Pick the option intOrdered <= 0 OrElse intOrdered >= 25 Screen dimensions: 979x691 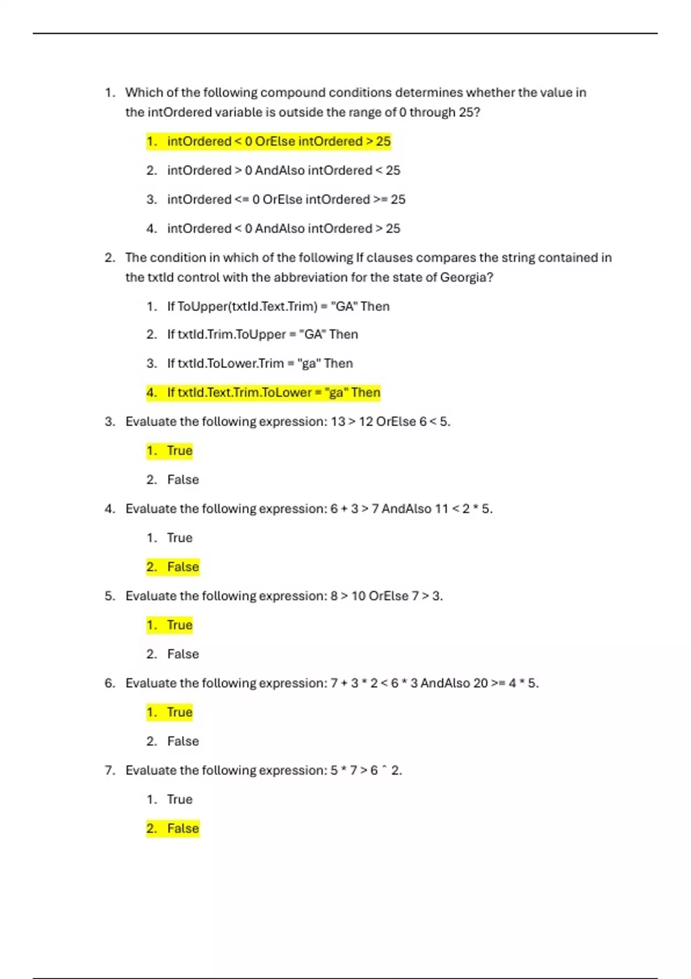286,199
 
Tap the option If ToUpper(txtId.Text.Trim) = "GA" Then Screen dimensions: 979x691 278,306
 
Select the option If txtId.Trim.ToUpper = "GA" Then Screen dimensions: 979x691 263,335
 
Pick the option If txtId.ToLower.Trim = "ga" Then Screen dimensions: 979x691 260,363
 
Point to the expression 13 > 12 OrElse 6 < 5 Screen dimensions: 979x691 390,422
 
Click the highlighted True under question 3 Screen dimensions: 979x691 180,451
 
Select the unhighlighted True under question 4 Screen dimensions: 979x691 180,538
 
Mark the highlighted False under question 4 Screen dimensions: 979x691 183,567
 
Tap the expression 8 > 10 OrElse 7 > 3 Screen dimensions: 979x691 386,596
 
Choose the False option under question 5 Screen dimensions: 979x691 183,654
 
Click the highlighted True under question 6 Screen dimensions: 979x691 180,712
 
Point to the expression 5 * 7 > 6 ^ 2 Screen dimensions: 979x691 366,771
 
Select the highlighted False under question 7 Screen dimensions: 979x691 183,829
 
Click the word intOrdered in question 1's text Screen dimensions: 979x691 180,112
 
